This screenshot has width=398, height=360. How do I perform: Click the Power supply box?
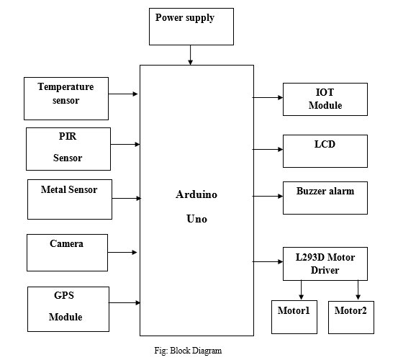pos(191,27)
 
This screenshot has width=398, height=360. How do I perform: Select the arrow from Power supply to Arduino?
pos(191,55)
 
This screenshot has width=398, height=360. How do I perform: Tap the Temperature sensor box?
pos(66,99)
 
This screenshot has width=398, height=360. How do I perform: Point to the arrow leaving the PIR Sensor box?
pos(125,144)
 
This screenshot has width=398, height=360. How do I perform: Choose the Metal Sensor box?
pos(70,199)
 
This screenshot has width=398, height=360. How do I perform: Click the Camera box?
pos(67,253)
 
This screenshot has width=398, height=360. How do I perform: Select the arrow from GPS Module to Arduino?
pos(125,302)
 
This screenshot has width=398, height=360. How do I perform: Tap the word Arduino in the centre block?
pos(196,194)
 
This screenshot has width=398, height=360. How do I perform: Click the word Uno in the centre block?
pos(196,219)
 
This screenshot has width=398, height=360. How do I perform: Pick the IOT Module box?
pos(325,99)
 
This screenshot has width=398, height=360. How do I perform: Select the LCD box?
pos(325,151)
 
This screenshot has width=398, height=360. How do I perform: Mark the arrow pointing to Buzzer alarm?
pos(268,196)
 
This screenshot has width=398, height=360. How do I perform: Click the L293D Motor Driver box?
pos(325,264)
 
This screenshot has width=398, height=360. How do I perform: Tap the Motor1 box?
pos(294,317)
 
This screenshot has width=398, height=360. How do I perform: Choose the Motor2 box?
pos(351,318)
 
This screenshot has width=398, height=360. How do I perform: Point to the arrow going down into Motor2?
pos(358,290)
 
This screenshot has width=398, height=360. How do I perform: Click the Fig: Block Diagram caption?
pos(188,351)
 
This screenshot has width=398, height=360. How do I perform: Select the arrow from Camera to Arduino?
pos(122,252)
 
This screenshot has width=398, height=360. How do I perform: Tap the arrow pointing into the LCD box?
pos(268,149)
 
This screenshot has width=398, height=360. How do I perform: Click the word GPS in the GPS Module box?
pos(64,295)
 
